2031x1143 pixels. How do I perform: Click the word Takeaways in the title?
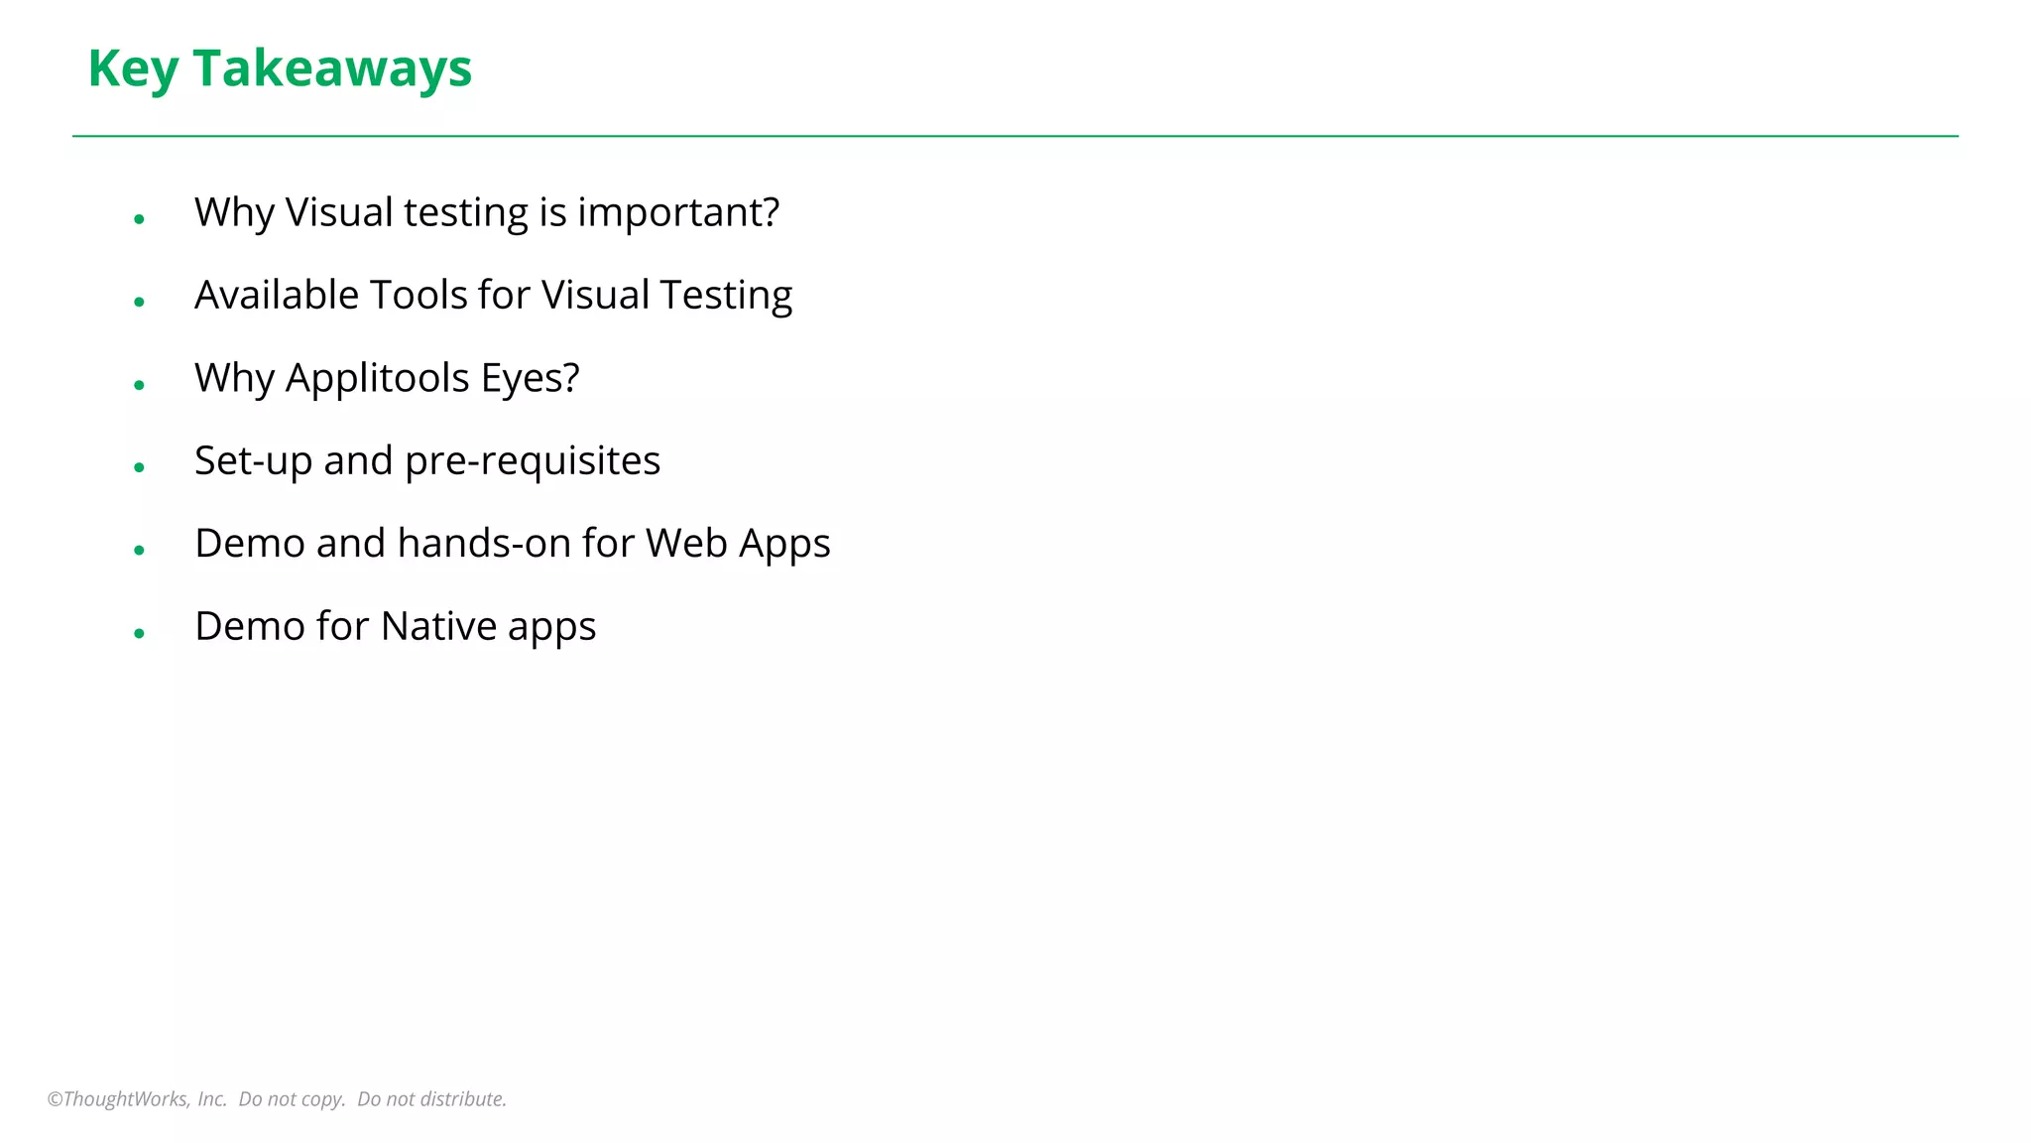pyautogui.click(x=332, y=68)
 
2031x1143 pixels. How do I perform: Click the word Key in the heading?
pyautogui.click(x=134, y=68)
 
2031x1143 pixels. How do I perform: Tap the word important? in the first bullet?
pyautogui.click(x=678, y=212)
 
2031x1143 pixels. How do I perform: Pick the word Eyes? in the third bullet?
pyautogui.click(x=530, y=378)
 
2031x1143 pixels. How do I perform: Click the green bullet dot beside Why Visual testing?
pyautogui.click(x=140, y=219)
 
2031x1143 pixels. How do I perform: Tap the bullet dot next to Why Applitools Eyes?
pyautogui.click(x=140, y=385)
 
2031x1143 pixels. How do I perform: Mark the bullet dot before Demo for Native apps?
pyautogui.click(x=140, y=633)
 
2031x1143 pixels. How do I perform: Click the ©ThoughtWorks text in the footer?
pyautogui.click(x=119, y=1099)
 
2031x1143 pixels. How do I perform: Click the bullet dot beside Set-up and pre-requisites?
pyautogui.click(x=140, y=467)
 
